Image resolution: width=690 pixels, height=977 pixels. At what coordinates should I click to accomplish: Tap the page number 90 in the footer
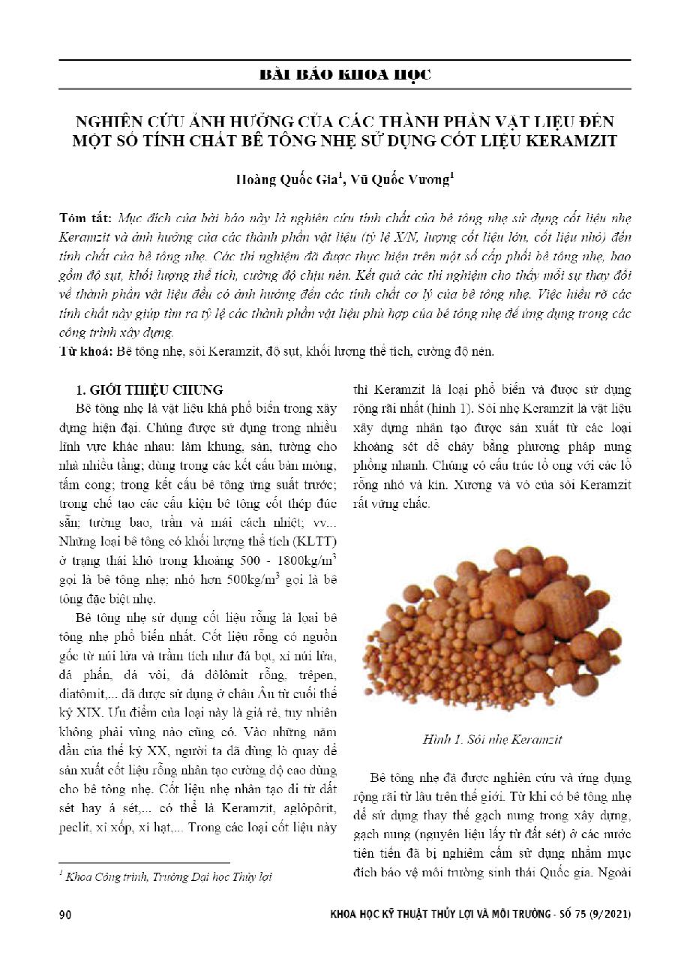(x=64, y=915)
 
